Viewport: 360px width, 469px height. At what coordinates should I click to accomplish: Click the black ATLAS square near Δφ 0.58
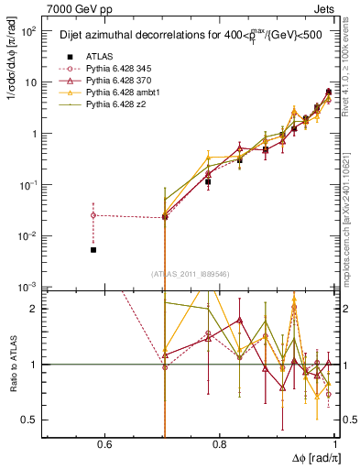tap(93, 249)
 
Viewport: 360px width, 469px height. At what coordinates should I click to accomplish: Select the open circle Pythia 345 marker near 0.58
tap(93, 215)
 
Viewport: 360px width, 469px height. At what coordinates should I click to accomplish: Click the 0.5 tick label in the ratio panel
tap(29, 420)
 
